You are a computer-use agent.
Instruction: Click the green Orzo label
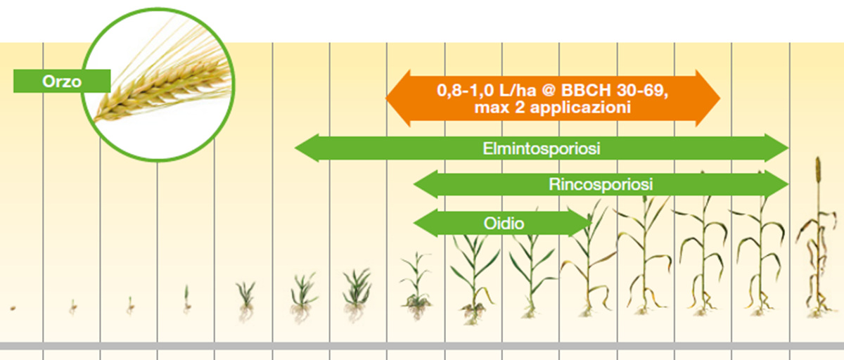(x=62, y=81)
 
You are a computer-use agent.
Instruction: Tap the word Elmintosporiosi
(x=541, y=148)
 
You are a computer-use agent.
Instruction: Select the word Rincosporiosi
(x=601, y=185)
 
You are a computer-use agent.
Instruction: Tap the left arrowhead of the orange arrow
(x=398, y=98)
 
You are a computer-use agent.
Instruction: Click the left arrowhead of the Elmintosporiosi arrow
(x=305, y=148)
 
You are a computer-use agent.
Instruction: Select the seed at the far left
(x=13, y=307)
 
